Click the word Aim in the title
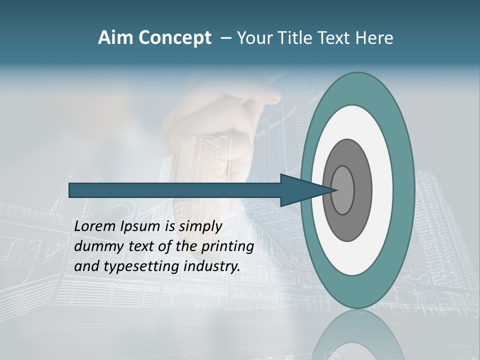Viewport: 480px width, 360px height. pos(116,38)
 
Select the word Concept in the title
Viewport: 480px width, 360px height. pos(174,38)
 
